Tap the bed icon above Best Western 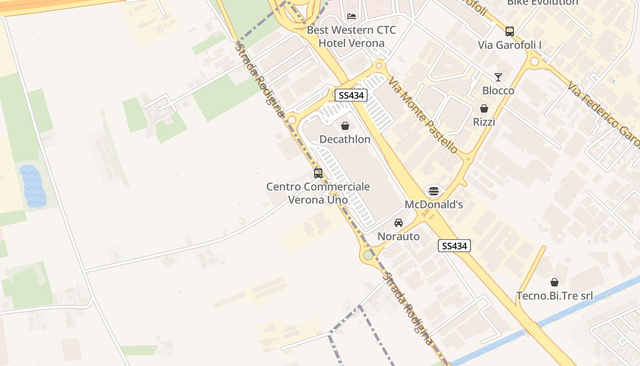352,16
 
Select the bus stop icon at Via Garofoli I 510,32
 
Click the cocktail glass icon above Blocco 498,77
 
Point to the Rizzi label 484,122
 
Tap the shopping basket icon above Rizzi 484,108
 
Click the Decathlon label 345,140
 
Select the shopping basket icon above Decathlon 345,126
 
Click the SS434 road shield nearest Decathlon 351,96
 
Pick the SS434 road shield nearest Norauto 454,246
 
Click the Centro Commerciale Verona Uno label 318,193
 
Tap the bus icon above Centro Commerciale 318,173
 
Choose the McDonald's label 434,205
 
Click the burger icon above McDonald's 434,191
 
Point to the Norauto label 399,237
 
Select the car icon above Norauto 399,223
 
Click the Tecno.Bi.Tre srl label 555,296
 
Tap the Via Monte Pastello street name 422,115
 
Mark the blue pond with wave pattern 32,186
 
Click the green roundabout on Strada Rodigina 368,255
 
